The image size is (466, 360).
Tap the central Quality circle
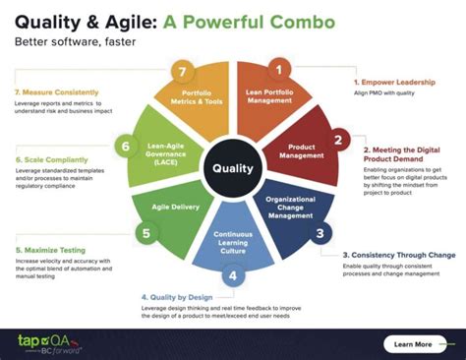point(233,168)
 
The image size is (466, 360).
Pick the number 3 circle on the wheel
point(320,233)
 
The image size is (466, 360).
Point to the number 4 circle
point(234,276)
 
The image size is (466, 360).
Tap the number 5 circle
point(146,233)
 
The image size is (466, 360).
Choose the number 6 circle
point(126,146)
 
